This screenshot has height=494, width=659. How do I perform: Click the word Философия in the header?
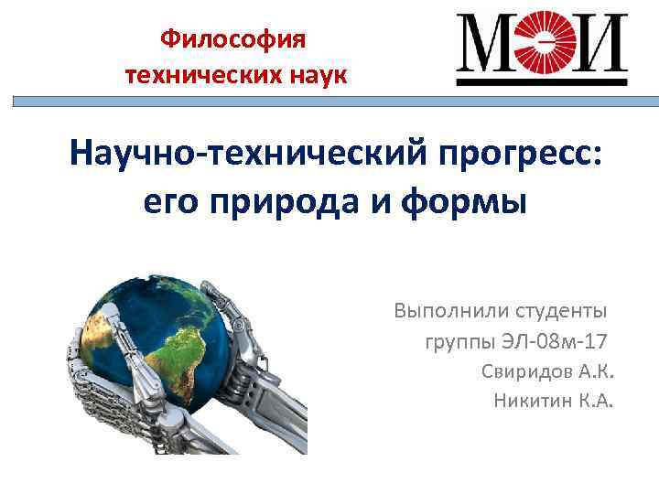pyautogui.click(x=235, y=39)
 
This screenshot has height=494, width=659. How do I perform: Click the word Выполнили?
pyautogui.click(x=446, y=311)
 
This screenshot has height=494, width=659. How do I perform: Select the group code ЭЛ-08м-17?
pyautogui.click(x=555, y=343)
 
